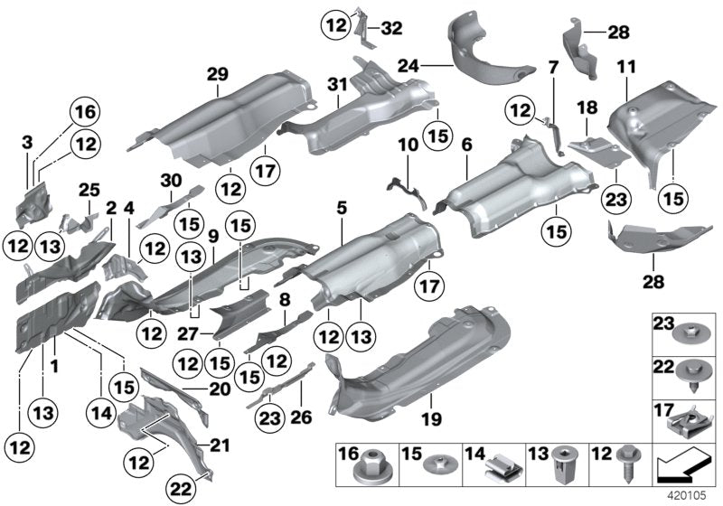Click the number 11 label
pos(625,68)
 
